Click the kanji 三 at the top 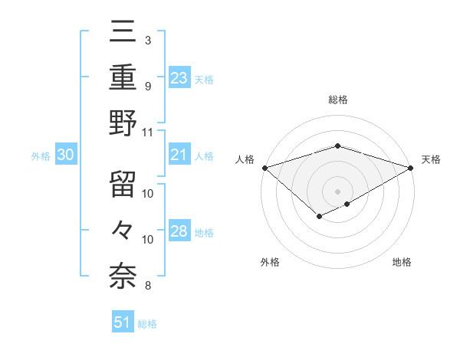click(x=123, y=31)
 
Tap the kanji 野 click(x=123, y=122)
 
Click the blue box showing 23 click(x=179, y=78)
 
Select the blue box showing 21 click(x=179, y=155)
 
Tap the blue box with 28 click(x=179, y=232)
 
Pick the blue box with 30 click(x=65, y=155)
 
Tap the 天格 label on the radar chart click(x=431, y=159)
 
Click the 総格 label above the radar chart click(x=337, y=100)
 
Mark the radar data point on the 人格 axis click(x=264, y=167)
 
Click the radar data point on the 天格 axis click(x=411, y=167)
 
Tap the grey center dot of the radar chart click(x=337, y=191)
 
